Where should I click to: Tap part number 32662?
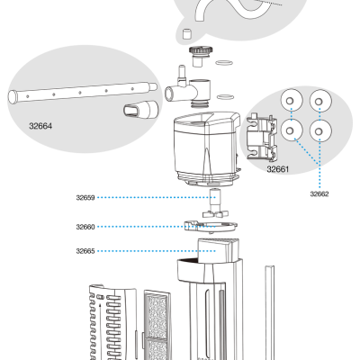click(319, 193)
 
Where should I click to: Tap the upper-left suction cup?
click(291, 101)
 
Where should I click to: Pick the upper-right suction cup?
click(319, 101)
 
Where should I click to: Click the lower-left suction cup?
click(291, 131)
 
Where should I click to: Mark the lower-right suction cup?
click(319, 131)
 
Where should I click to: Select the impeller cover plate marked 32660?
click(207, 225)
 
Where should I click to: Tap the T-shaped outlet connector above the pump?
click(188, 89)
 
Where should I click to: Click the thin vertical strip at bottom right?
click(269, 310)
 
